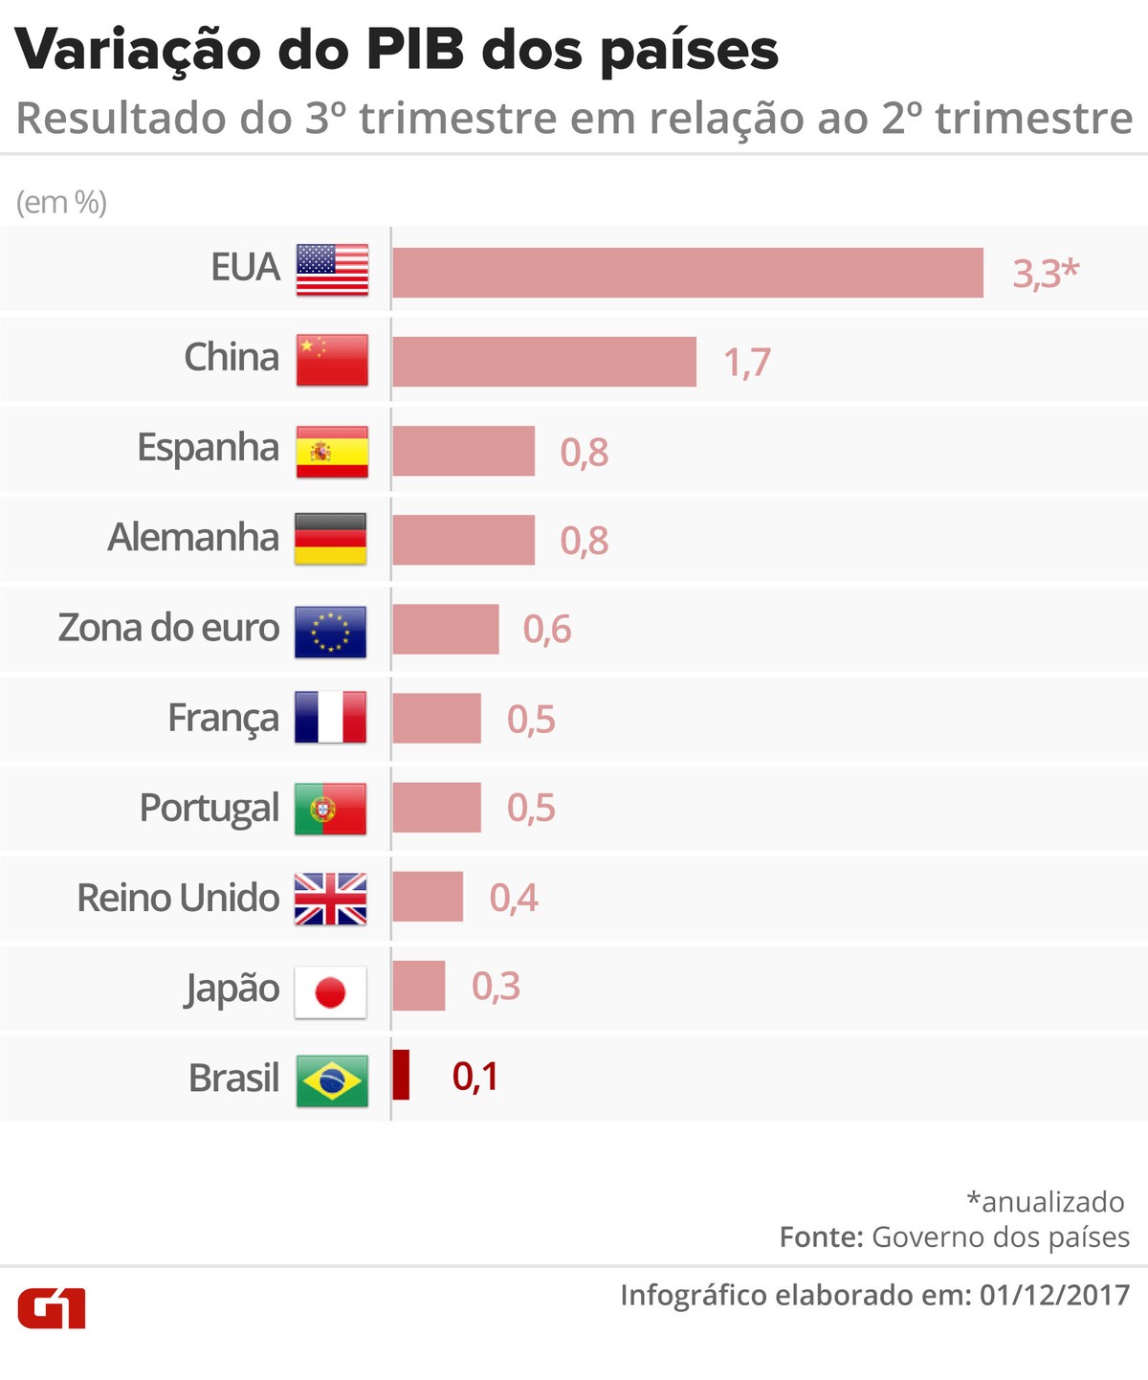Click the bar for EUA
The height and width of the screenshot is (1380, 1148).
pyautogui.click(x=687, y=273)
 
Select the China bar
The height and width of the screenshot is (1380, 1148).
pyautogui.click(x=543, y=362)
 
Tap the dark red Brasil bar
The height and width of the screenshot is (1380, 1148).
pyautogui.click(x=401, y=1075)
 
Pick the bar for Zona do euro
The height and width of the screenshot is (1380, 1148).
pyautogui.click(x=445, y=630)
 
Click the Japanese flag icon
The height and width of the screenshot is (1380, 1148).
pyautogui.click(x=330, y=992)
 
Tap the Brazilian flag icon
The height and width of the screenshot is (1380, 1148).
pyautogui.click(x=331, y=1081)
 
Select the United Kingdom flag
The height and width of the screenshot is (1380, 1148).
pyautogui.click(x=330, y=899)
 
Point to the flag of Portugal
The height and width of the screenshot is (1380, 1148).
pyautogui.click(x=330, y=809)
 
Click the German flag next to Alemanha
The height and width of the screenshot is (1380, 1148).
pyautogui.click(x=330, y=539)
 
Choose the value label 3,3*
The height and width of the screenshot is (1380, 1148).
pyautogui.click(x=1045, y=274)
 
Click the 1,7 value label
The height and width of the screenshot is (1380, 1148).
pyautogui.click(x=746, y=363)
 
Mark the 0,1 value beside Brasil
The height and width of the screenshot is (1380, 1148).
pyautogui.click(x=475, y=1078)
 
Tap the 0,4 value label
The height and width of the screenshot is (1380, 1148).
pyautogui.click(x=514, y=898)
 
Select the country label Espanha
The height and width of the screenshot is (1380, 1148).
pyautogui.click(x=208, y=448)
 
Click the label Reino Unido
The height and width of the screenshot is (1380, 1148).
pyautogui.click(x=178, y=899)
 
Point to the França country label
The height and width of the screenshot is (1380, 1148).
pyautogui.click(x=223, y=718)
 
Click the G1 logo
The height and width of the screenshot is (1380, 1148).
pyautogui.click(x=52, y=1308)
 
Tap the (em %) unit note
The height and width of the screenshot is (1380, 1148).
pyautogui.click(x=61, y=203)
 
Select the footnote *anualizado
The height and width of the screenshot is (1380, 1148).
pyautogui.click(x=1046, y=1201)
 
